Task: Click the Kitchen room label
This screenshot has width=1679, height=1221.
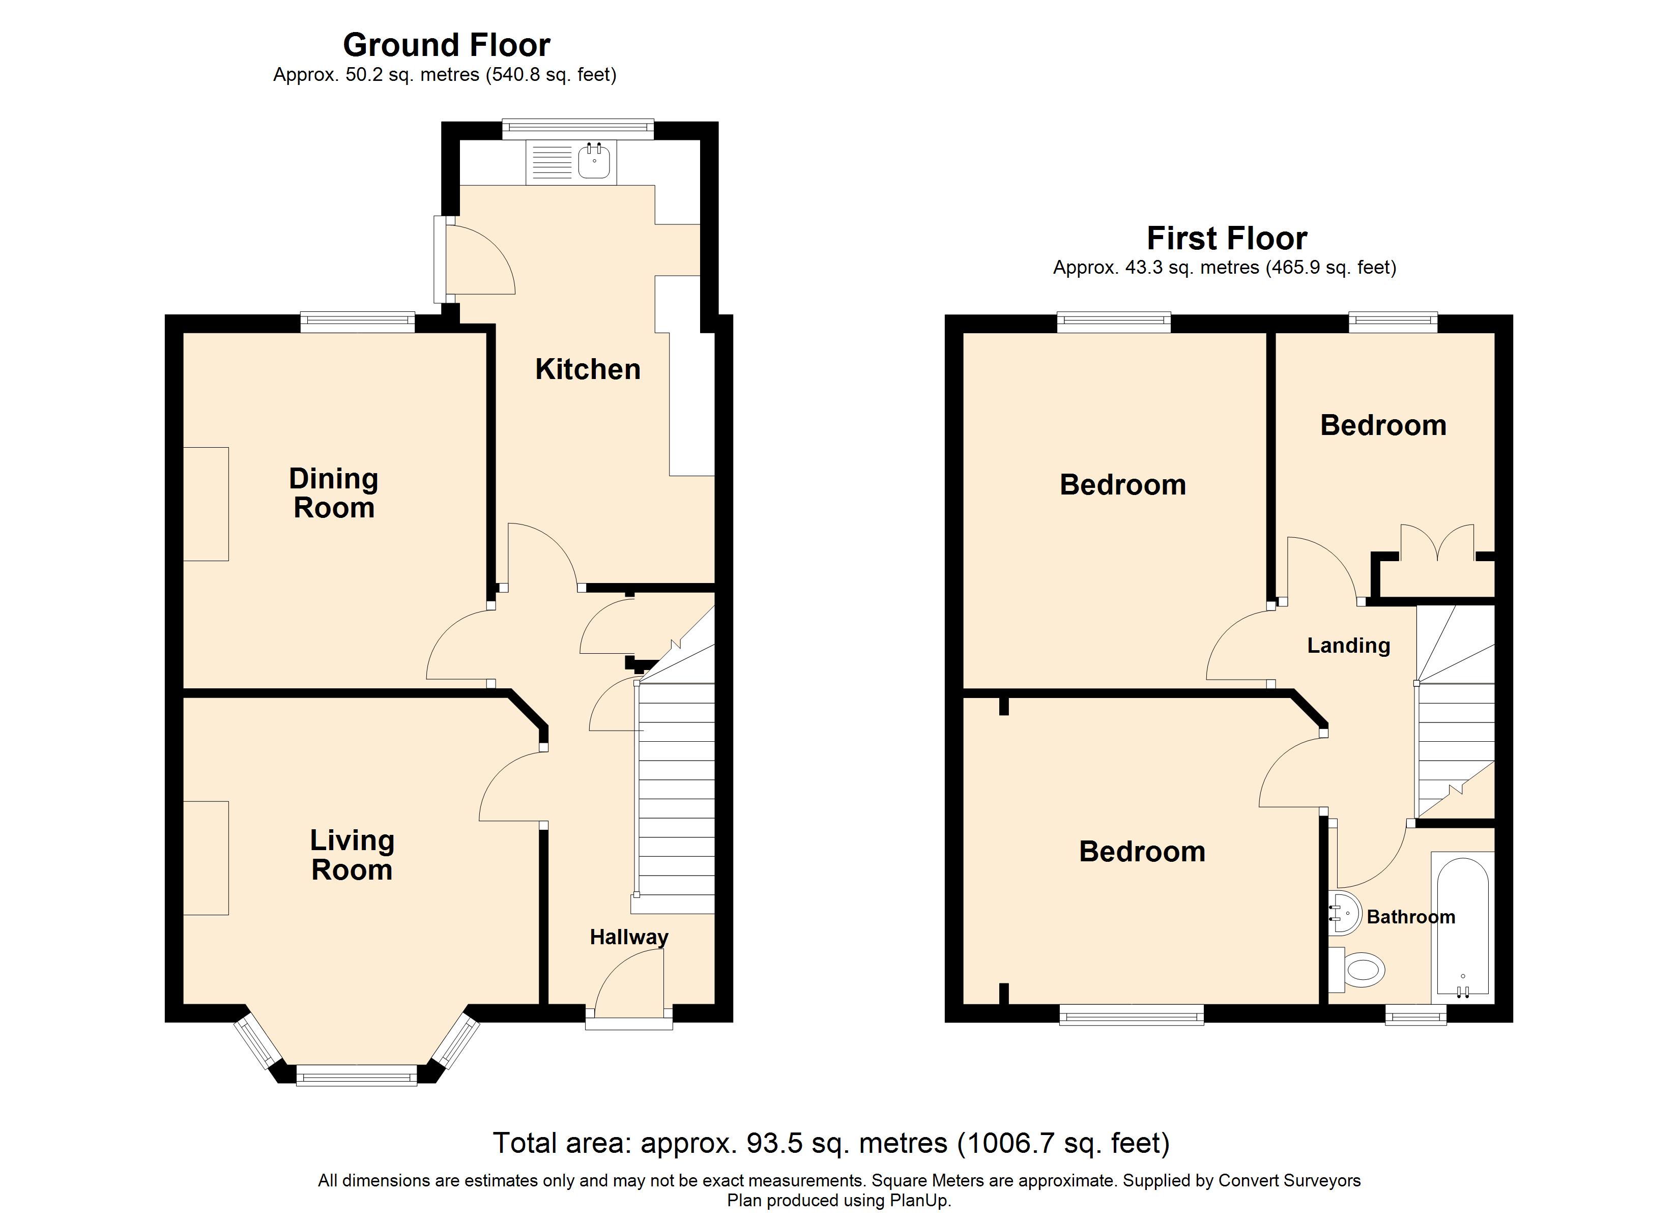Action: click(588, 369)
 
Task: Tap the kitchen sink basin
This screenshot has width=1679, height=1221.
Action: click(594, 161)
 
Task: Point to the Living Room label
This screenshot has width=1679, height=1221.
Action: click(353, 855)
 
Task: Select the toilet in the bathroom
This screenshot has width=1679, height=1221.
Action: click(1357, 969)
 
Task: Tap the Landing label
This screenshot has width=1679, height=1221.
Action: click(1349, 646)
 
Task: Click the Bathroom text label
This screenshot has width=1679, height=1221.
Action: click(1411, 917)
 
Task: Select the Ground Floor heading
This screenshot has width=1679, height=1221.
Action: click(446, 45)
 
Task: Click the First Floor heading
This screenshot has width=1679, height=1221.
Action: click(1227, 239)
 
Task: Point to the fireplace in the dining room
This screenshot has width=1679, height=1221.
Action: click(206, 504)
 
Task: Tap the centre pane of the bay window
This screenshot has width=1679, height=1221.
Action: click(357, 1075)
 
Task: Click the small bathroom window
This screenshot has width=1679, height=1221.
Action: click(1416, 1015)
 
